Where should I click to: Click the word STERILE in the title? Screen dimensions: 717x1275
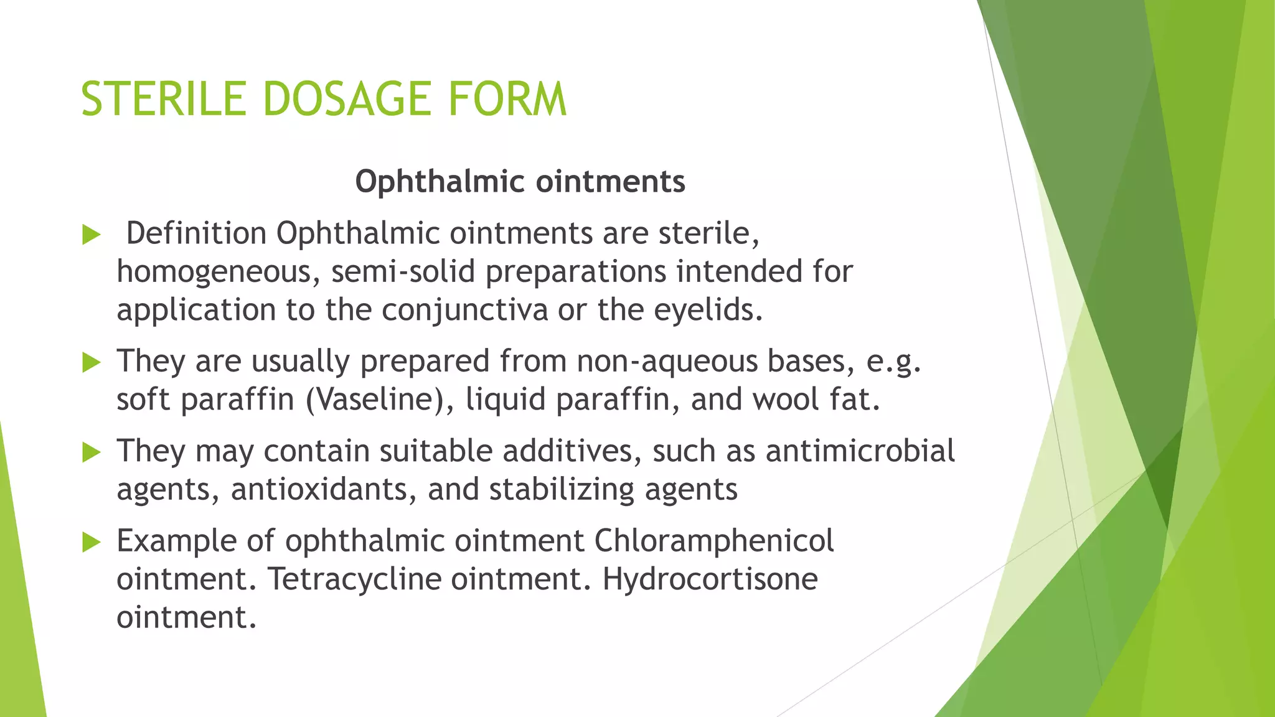[164, 100]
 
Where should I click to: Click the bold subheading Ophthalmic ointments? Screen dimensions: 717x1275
[520, 182]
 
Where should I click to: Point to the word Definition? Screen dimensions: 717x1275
[196, 233]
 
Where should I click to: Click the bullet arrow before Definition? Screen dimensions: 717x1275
[92, 235]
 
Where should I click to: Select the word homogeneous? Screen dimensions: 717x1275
[218, 273]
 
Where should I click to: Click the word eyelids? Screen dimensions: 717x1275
[708, 309]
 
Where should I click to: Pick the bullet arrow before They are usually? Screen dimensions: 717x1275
[92, 363]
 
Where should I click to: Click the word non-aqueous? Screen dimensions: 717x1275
[667, 362]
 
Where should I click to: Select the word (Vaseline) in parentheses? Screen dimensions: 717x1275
[380, 400]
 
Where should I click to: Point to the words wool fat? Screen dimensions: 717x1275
[816, 400]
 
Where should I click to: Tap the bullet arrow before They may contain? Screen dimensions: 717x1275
[92, 452]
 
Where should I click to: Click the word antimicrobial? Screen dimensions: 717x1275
[860, 451]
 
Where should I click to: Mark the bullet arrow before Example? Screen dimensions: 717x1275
[92, 543]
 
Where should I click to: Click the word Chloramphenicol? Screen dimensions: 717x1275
[713, 540]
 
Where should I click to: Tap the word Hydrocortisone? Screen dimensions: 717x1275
[710, 579]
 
